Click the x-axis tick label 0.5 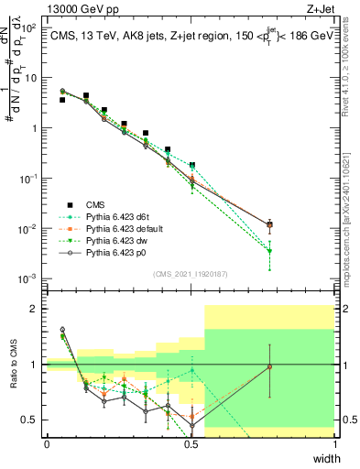(191, 444)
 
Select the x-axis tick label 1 (335, 444)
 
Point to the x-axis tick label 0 (47, 444)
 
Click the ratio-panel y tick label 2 (35, 310)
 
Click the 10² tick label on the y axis (31, 28)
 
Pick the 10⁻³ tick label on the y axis (31, 278)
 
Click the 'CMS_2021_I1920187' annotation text (191, 274)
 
